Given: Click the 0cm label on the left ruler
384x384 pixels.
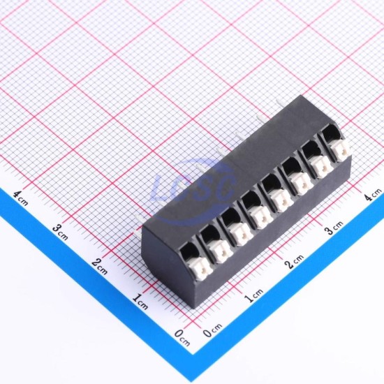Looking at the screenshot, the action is coord(182,337).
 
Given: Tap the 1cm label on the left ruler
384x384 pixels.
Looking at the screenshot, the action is coord(140,302).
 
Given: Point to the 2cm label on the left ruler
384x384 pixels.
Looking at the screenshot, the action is coord(100,266).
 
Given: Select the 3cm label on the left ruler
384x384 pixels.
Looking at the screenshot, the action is coord(60,232).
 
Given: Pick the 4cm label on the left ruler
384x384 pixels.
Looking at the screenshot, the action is coord(20,198).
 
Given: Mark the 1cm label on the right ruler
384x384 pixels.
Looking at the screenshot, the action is coord(253,295).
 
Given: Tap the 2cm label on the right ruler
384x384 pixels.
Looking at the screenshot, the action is coord(294,262).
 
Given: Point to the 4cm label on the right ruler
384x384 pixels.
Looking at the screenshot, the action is coord(373,195).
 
